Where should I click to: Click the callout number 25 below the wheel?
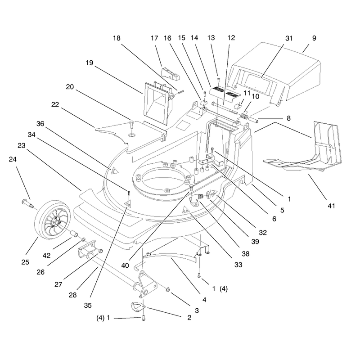click(x=25, y=262)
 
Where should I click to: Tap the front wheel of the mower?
click(x=52, y=220)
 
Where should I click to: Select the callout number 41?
click(x=331, y=206)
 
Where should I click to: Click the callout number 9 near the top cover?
click(x=314, y=38)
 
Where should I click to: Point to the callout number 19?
click(x=90, y=63)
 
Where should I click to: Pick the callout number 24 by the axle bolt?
click(x=13, y=159)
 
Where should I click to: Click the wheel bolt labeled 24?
click(x=28, y=203)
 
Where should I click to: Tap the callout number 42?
click(x=47, y=255)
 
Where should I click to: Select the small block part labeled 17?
click(x=170, y=73)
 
